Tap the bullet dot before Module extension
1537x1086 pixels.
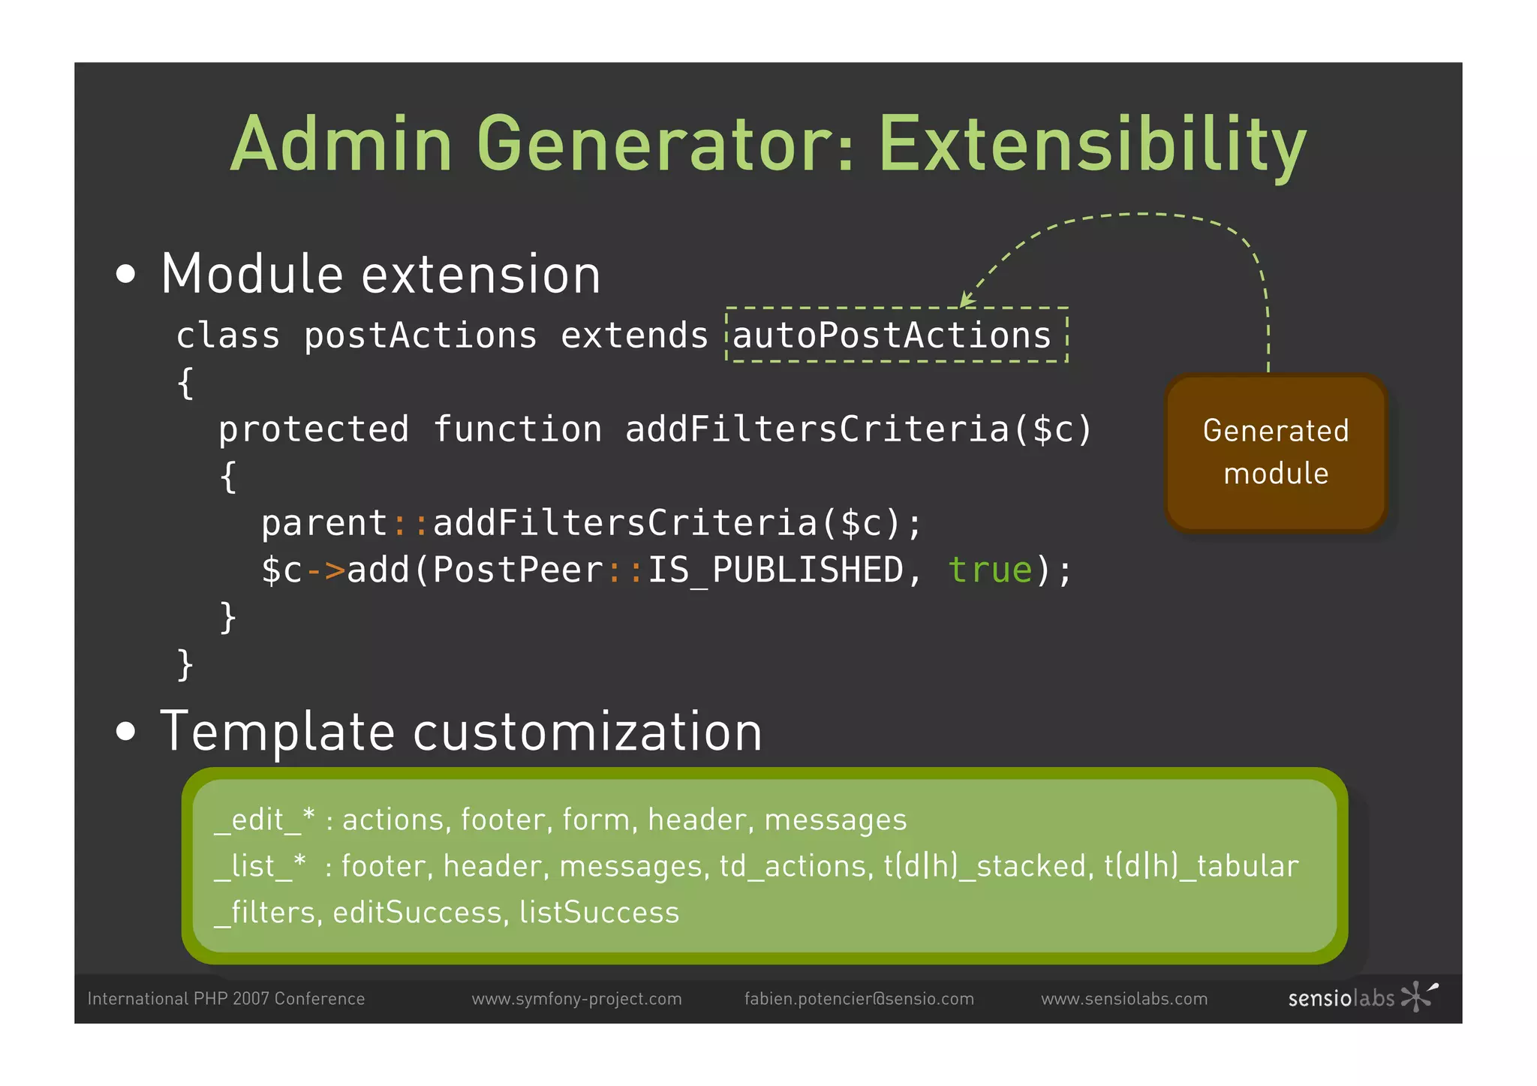click(126, 274)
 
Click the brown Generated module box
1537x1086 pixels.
click(1275, 453)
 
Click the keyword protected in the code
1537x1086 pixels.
click(314, 429)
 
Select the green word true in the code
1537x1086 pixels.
click(991, 570)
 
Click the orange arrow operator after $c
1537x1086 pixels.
click(325, 570)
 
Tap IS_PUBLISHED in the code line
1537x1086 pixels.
click(775, 570)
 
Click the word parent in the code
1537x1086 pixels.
click(324, 523)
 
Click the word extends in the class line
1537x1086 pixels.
click(634, 335)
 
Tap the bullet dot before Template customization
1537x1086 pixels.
click(126, 731)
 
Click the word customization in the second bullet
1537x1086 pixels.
click(588, 732)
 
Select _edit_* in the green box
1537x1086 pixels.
click(264, 820)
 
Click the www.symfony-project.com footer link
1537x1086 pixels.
click(576, 999)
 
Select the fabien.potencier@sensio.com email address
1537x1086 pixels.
click(859, 999)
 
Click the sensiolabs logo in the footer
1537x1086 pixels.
click(1361, 997)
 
